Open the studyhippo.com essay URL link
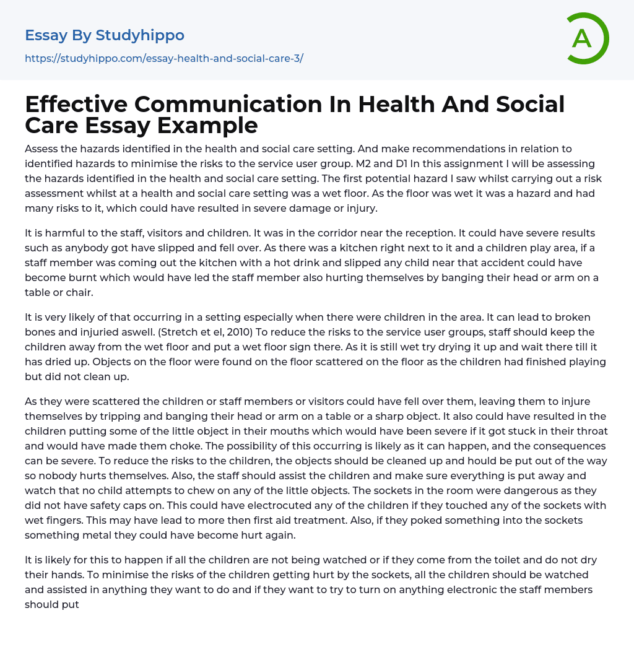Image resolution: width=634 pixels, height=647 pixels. coord(163,59)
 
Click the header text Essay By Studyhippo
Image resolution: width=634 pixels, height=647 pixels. coord(105,35)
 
